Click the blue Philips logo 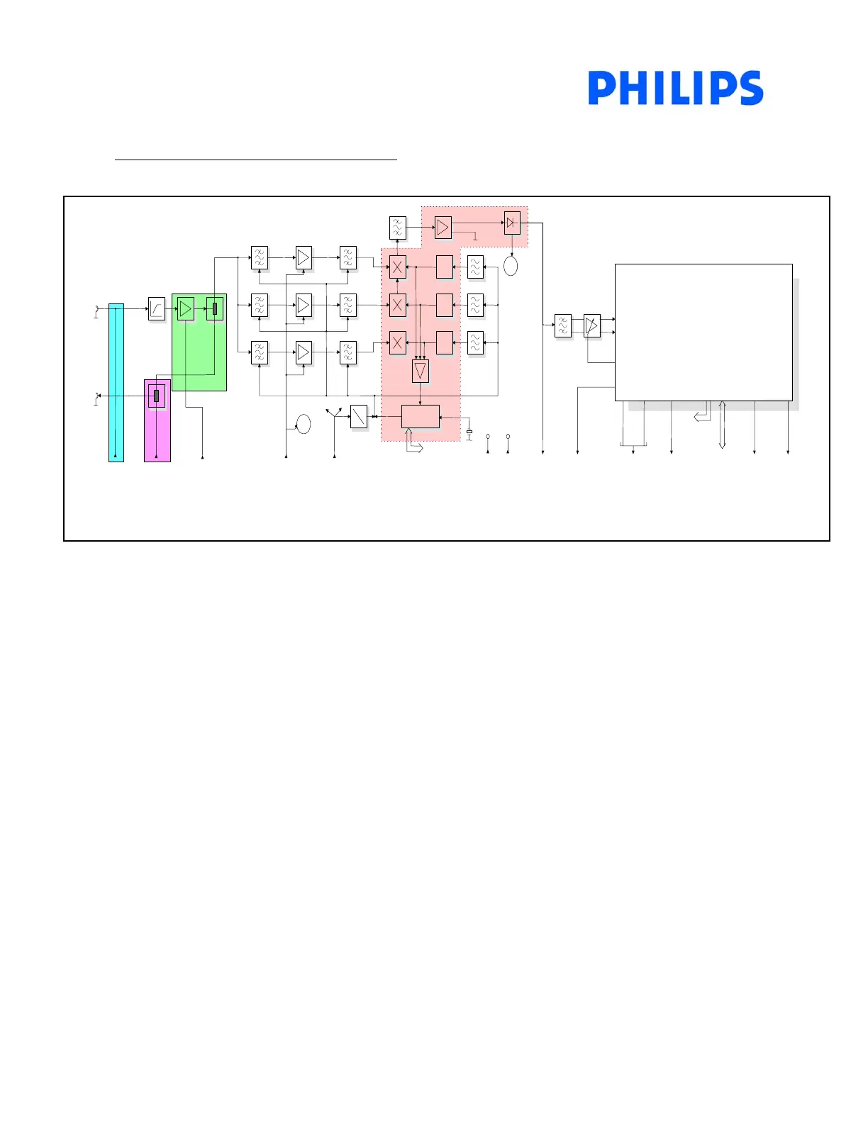(x=675, y=88)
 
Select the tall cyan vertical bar (x=116, y=383)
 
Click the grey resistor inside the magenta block (x=156, y=396)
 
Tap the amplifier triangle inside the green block (x=185, y=308)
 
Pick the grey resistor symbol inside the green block (x=215, y=308)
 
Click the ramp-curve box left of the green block (x=157, y=308)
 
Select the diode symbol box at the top (x=512, y=223)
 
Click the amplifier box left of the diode (x=443, y=228)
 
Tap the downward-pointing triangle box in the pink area (x=421, y=371)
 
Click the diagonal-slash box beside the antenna (x=360, y=416)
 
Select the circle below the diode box (x=511, y=267)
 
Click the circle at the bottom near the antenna (x=304, y=424)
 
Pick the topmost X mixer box (x=398, y=267)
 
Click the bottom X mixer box (x=398, y=343)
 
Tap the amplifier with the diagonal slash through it (x=592, y=325)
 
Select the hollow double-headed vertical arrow (x=722, y=425)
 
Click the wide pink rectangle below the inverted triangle (x=421, y=416)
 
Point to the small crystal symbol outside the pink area (x=469, y=432)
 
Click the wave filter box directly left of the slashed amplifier (x=563, y=325)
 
